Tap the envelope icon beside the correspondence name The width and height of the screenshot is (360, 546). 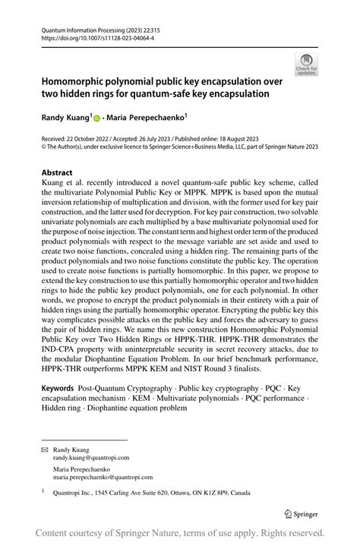coord(44,450)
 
